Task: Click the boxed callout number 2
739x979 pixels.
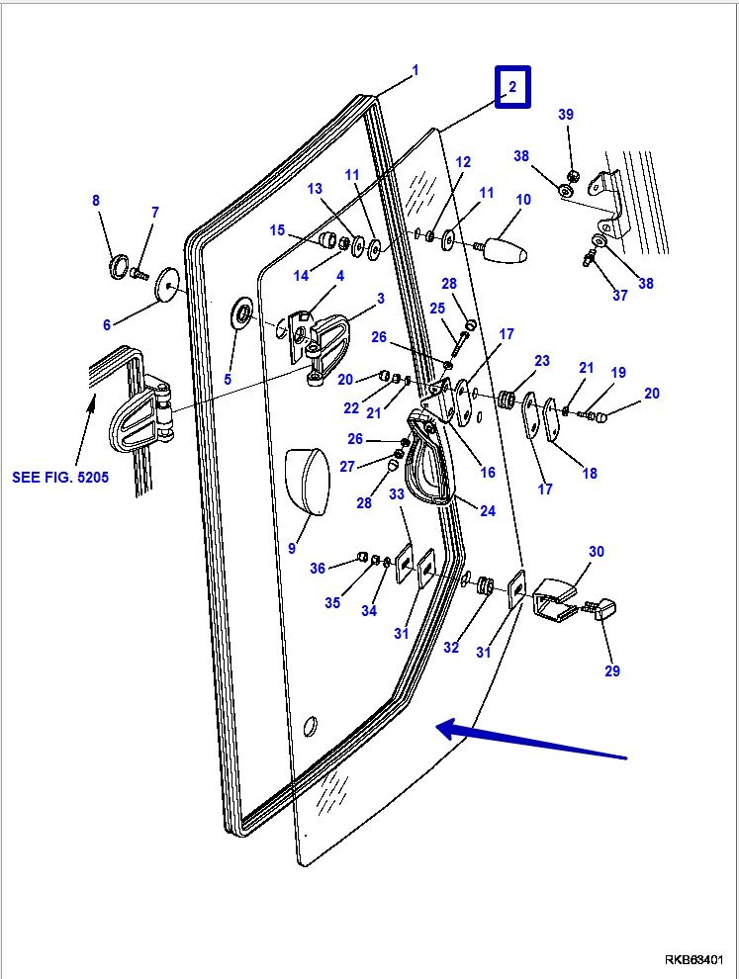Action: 512,87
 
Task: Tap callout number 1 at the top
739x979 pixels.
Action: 416,70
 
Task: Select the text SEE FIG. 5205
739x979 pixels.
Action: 60,477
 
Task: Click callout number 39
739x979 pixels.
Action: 566,115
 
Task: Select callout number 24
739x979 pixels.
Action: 487,510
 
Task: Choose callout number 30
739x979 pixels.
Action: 596,552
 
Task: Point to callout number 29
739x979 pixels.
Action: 611,671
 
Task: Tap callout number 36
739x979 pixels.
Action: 317,568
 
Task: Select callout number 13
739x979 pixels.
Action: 315,188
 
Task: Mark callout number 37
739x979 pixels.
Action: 619,295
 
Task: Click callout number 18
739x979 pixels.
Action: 590,474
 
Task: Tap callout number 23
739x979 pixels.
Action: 542,361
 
